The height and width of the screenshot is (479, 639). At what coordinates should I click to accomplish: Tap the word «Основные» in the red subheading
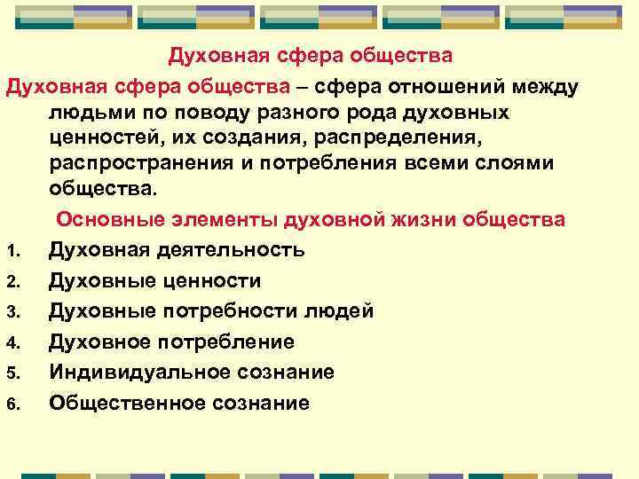[x=111, y=219]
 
